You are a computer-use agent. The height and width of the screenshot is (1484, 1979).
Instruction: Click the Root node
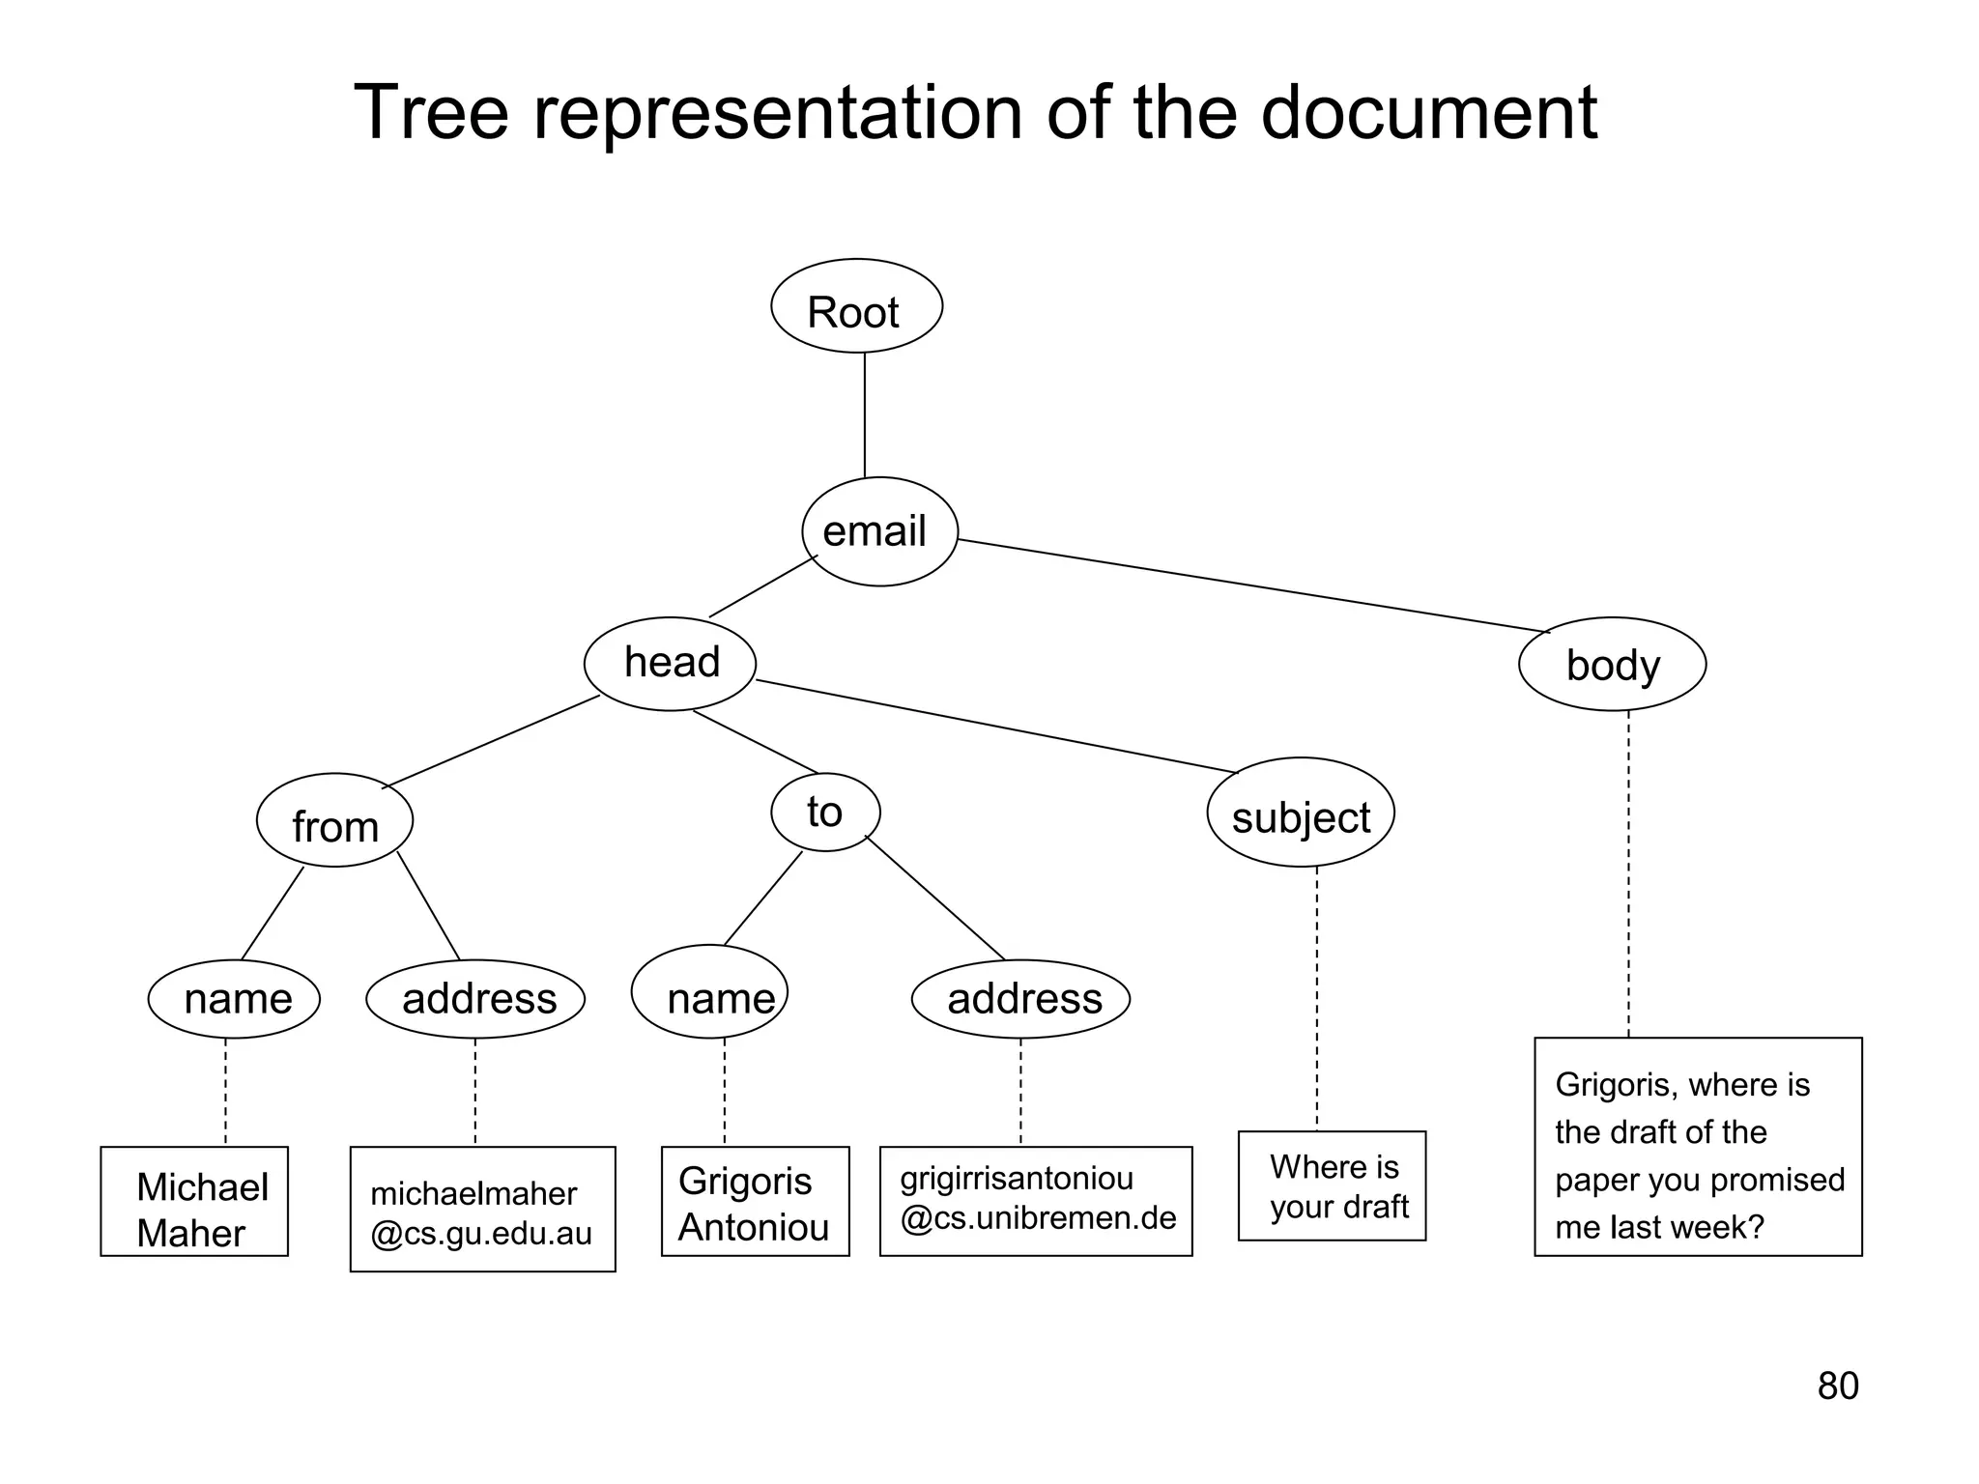(x=856, y=307)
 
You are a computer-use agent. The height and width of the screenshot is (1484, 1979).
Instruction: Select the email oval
(x=879, y=531)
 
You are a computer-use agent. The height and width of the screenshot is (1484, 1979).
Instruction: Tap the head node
(x=670, y=664)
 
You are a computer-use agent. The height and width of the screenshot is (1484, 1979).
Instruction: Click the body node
(x=1612, y=665)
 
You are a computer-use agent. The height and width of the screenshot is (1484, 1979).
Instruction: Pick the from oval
(x=334, y=821)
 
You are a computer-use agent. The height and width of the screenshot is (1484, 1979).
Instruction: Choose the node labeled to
(x=825, y=813)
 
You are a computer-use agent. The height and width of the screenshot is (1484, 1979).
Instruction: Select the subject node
(x=1301, y=813)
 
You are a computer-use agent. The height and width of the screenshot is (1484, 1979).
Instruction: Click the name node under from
(x=234, y=999)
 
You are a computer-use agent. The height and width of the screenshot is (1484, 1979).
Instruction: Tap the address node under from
(x=475, y=999)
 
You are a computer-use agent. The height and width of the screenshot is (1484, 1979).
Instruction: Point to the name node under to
(x=710, y=992)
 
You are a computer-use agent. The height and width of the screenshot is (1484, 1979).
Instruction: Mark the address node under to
(x=1020, y=999)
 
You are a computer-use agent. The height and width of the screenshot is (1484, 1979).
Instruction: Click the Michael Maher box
(x=194, y=1202)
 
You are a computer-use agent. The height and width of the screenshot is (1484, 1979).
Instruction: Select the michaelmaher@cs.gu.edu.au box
(x=482, y=1210)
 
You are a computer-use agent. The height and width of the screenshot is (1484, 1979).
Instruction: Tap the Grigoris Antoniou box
(x=755, y=1202)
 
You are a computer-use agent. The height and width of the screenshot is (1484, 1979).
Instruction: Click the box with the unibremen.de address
(x=1036, y=1202)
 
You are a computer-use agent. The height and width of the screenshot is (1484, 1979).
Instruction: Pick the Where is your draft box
(x=1332, y=1186)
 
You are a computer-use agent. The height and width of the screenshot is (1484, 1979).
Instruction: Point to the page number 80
(x=1837, y=1386)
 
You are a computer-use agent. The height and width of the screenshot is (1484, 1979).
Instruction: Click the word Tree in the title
(x=431, y=114)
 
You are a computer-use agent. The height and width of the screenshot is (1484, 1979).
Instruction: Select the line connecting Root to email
(x=865, y=415)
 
